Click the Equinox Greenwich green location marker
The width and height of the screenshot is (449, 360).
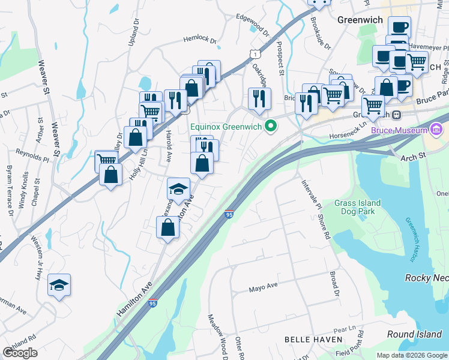pyautogui.click(x=271, y=125)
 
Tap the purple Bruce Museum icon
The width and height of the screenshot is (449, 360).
pyautogui.click(x=436, y=130)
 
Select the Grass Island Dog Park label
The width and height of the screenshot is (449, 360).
pyautogui.click(x=357, y=208)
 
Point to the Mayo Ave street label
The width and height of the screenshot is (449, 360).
pyautogui.click(x=264, y=289)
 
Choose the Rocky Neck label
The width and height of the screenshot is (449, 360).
pyautogui.click(x=427, y=278)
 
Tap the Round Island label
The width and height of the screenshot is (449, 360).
pyautogui.click(x=426, y=334)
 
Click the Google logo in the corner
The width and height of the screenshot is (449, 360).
pyautogui.click(x=20, y=352)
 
